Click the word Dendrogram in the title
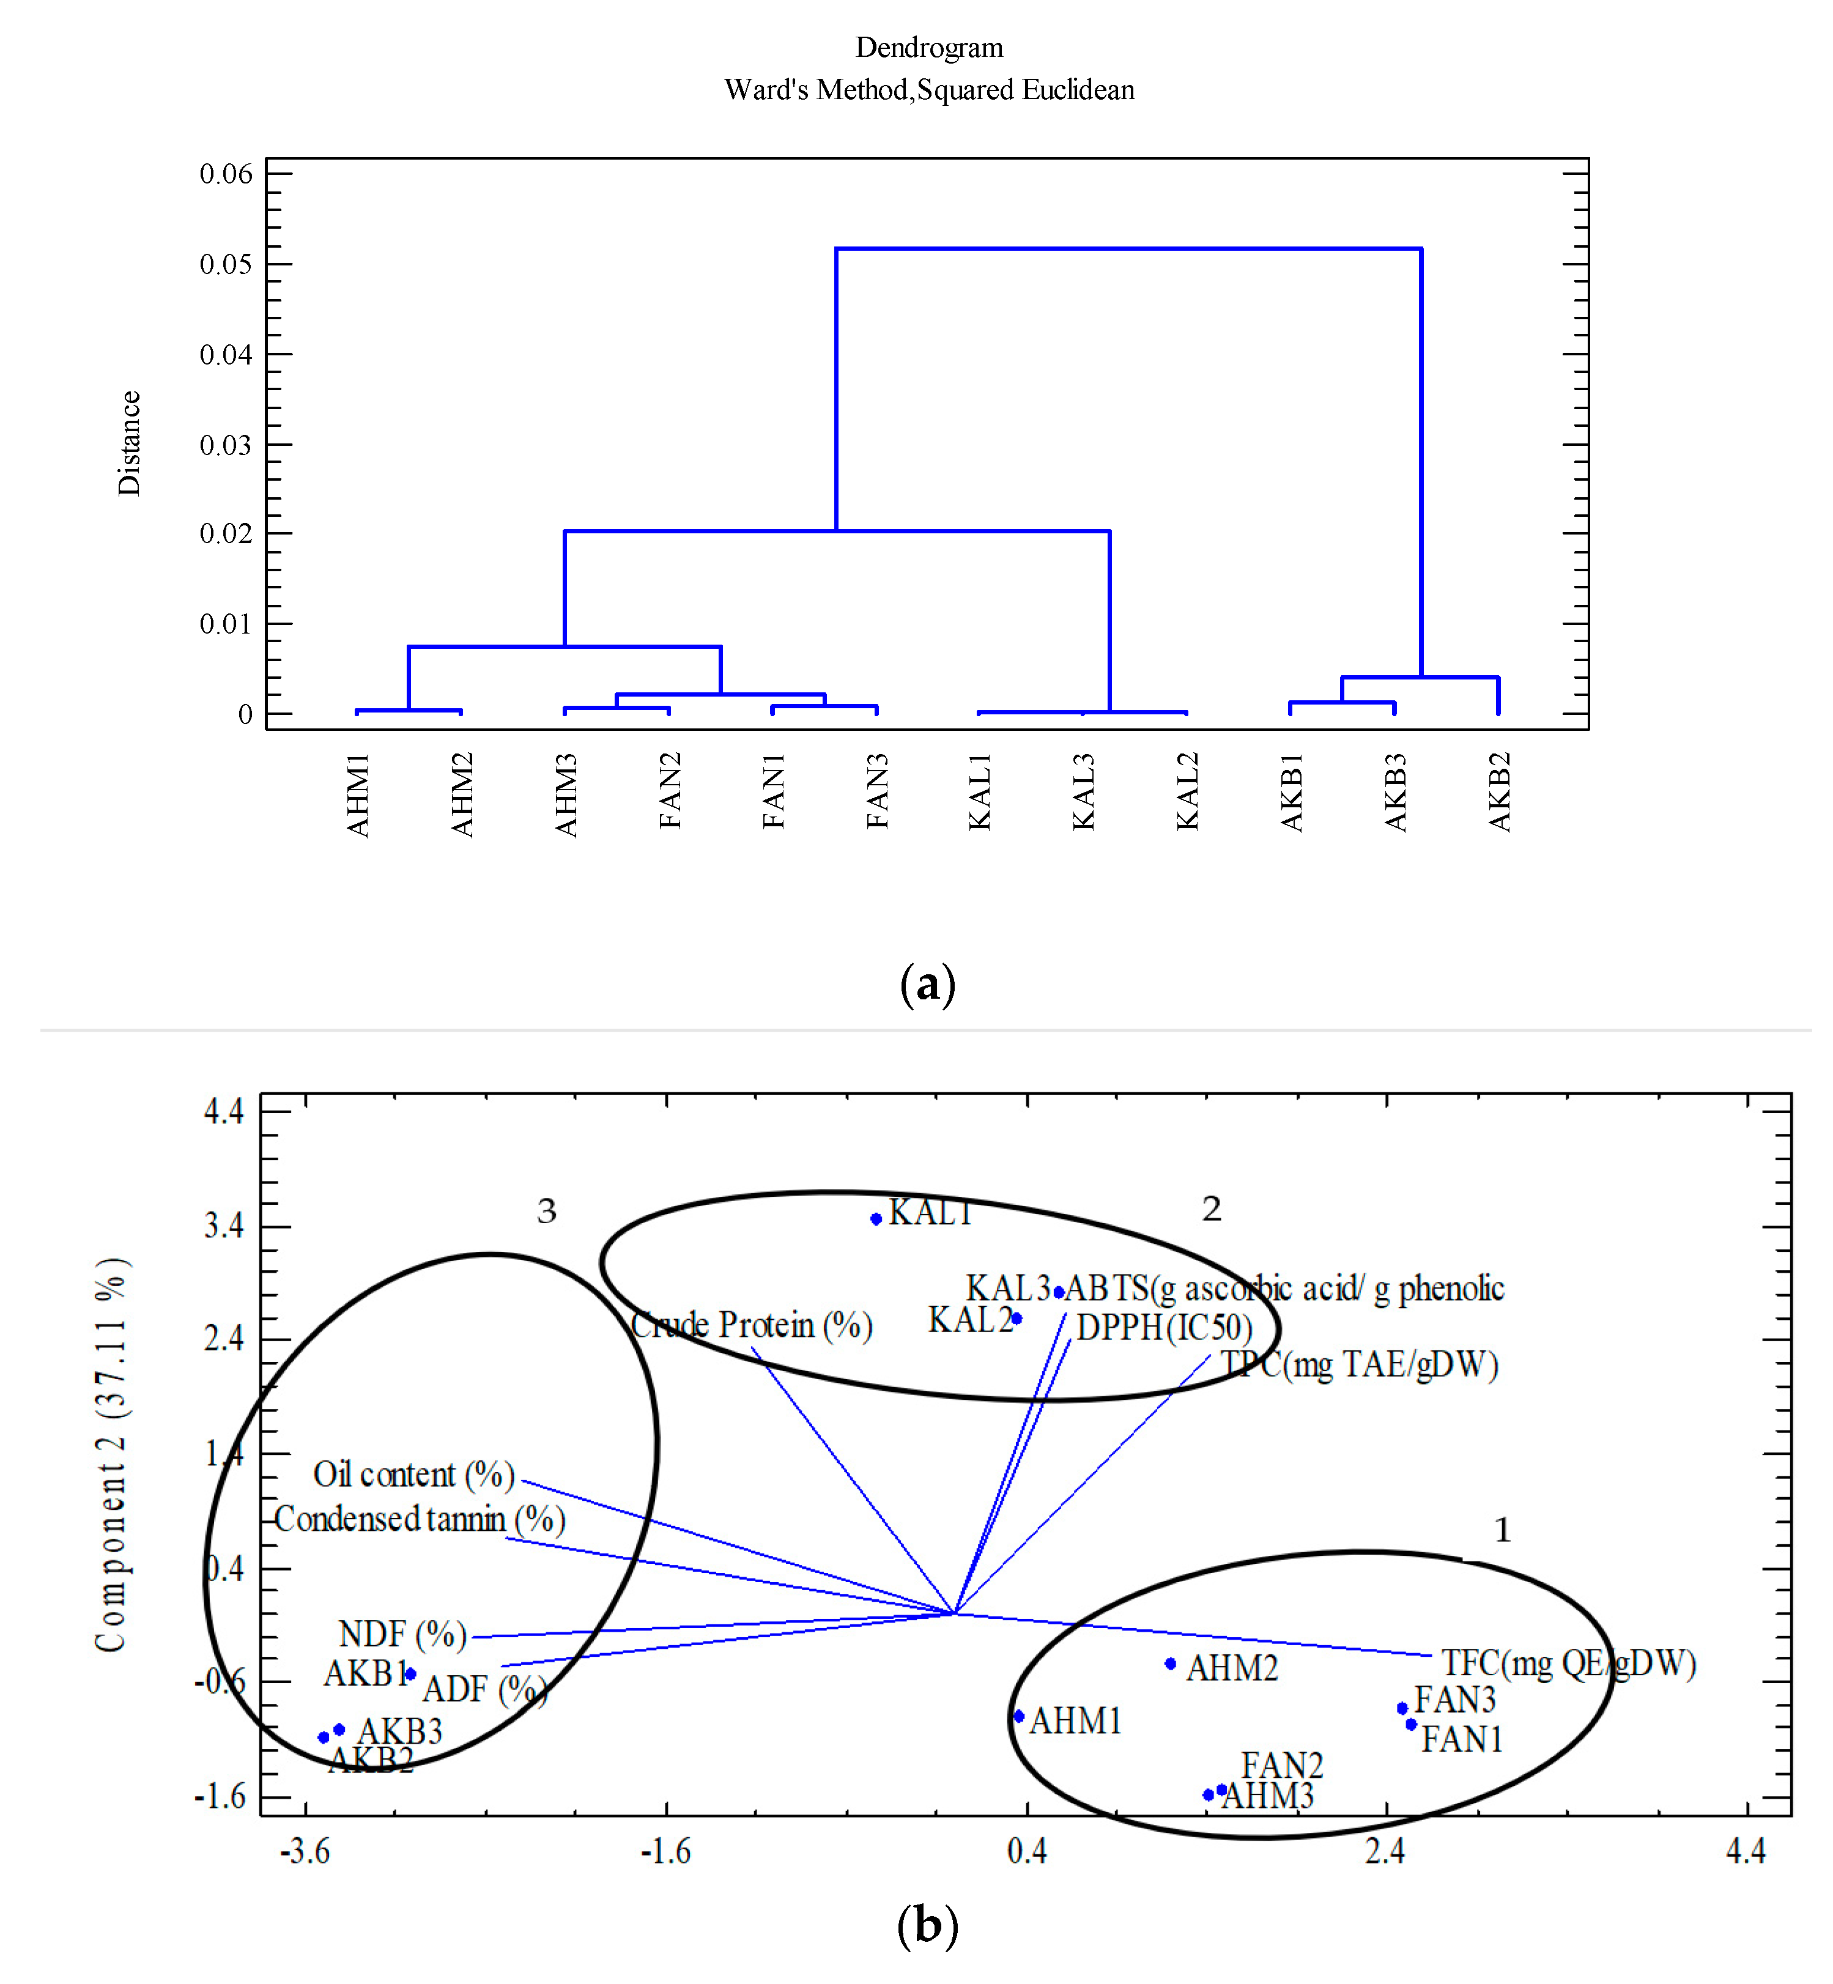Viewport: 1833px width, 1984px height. [x=928, y=48]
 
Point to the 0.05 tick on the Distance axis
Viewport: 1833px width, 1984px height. [x=226, y=264]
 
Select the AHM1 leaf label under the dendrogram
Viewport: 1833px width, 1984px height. [x=358, y=794]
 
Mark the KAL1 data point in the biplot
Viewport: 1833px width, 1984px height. [x=876, y=1219]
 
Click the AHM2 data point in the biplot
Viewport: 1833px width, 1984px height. [x=1171, y=1664]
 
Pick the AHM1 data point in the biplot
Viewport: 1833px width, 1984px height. [x=1019, y=1716]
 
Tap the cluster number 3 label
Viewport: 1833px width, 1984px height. [x=547, y=1211]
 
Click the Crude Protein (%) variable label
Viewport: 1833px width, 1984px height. [x=751, y=1325]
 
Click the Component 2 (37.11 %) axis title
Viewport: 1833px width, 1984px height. [x=111, y=1455]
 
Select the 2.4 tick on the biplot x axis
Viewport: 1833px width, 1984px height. [x=1385, y=1850]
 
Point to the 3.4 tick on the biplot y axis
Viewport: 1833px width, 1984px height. [x=224, y=1226]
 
